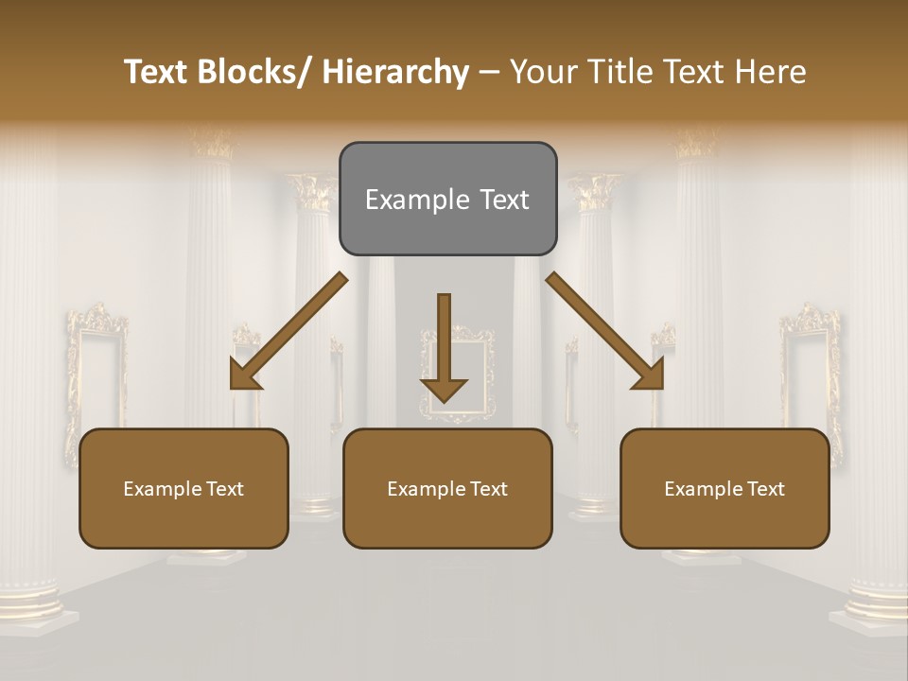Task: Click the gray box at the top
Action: point(447,199)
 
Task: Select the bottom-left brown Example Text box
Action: point(183,488)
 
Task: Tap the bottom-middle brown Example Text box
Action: point(447,488)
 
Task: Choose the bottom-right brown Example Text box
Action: point(725,488)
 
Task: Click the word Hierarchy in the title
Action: point(395,72)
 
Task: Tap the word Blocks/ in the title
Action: point(258,72)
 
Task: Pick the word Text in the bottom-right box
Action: point(763,488)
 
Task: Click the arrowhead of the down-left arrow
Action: point(243,375)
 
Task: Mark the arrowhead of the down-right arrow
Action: point(650,375)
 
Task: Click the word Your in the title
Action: point(541,72)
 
